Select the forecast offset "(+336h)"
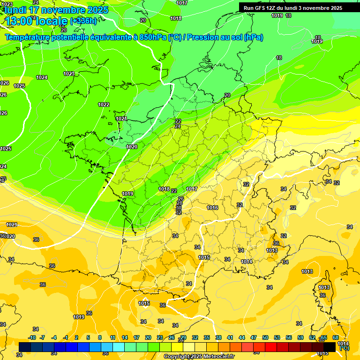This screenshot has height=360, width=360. click(x=83, y=21)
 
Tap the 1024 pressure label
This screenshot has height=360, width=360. click(x=42, y=77)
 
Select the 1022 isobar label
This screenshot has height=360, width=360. click(x=104, y=105)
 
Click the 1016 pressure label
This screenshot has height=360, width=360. click(x=212, y=208)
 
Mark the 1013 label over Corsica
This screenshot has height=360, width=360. click(x=324, y=287)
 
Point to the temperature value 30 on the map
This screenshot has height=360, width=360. click(x=179, y=208)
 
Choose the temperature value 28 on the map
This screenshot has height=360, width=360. click(x=179, y=203)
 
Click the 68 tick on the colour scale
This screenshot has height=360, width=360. click(x=336, y=337)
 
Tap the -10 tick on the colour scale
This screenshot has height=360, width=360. click(x=32, y=337)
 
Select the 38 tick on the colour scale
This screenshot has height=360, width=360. click(x=218, y=337)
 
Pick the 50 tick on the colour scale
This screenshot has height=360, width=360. click(x=265, y=337)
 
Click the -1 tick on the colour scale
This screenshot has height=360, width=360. click(x=65, y=337)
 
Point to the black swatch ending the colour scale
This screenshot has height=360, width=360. click(x=330, y=346)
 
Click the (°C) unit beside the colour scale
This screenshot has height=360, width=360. click(x=344, y=348)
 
